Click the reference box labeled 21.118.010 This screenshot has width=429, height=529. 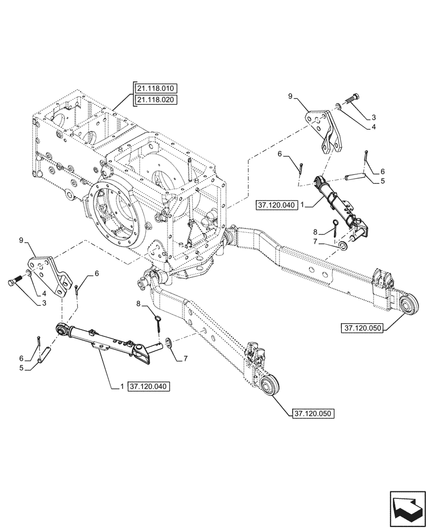coord(157,88)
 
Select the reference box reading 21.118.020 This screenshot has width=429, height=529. coord(157,100)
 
